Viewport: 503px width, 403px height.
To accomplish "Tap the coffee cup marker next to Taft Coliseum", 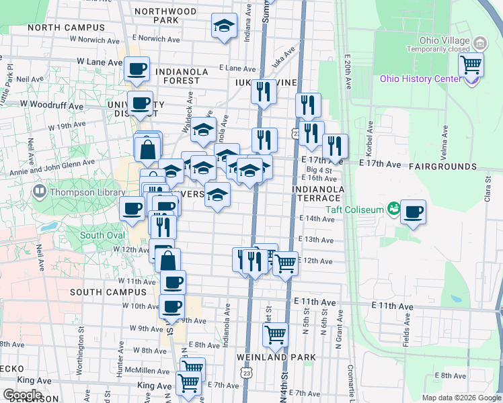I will pyautogui.click(x=413, y=212).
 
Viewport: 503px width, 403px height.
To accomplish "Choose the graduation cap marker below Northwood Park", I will pyautogui.click(x=225, y=26).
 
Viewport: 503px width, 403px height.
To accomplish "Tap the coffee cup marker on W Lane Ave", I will pyautogui.click(x=137, y=69).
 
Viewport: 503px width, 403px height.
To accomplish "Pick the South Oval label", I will pyautogui.click(x=102, y=235).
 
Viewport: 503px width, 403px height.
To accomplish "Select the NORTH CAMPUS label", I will pyautogui.click(x=67, y=28).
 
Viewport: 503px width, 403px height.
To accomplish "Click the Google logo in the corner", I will pyautogui.click(x=22, y=394).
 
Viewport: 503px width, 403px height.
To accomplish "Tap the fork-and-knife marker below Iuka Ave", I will pyautogui.click(x=264, y=91).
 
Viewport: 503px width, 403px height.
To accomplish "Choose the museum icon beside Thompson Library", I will pyautogui.click(x=39, y=192).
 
